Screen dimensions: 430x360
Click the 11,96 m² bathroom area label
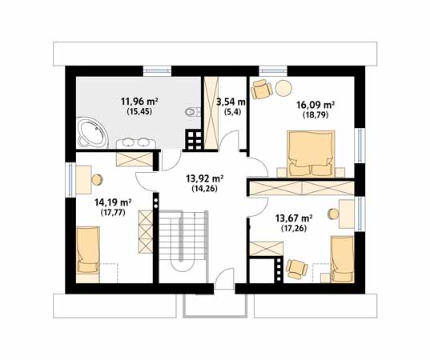(139, 102)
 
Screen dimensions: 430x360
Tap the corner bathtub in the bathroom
(92, 133)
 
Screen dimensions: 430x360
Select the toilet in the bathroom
(193, 112)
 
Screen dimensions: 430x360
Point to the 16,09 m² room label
(315, 105)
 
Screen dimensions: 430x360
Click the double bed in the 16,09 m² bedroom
(311, 154)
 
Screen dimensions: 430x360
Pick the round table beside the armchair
(283, 88)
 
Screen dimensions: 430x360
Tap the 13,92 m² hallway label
(204, 178)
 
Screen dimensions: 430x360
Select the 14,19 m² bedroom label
(112, 202)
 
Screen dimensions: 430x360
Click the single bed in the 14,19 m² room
(88, 250)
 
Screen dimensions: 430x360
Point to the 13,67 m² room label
(294, 218)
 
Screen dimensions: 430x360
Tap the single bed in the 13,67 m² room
(342, 259)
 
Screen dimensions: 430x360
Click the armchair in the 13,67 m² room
(296, 269)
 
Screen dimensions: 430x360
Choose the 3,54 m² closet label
(231, 102)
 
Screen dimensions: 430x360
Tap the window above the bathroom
(157, 70)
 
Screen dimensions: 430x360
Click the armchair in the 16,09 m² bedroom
(262, 89)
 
